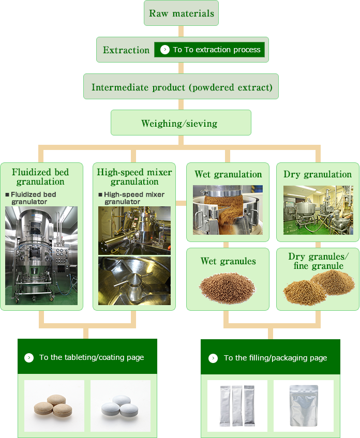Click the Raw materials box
181,13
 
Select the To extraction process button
209,50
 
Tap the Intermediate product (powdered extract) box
181,87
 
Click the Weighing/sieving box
181,123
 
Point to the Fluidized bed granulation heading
40,176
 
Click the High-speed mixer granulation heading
134,176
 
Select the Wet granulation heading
228,174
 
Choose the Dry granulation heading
318,174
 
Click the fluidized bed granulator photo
41,255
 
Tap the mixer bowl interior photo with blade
134,280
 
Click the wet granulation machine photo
228,210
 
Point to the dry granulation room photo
318,210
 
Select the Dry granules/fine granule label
318,261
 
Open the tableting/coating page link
87,357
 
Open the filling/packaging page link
271,358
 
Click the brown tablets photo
54,406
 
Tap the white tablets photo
121,406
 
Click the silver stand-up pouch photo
304,406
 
